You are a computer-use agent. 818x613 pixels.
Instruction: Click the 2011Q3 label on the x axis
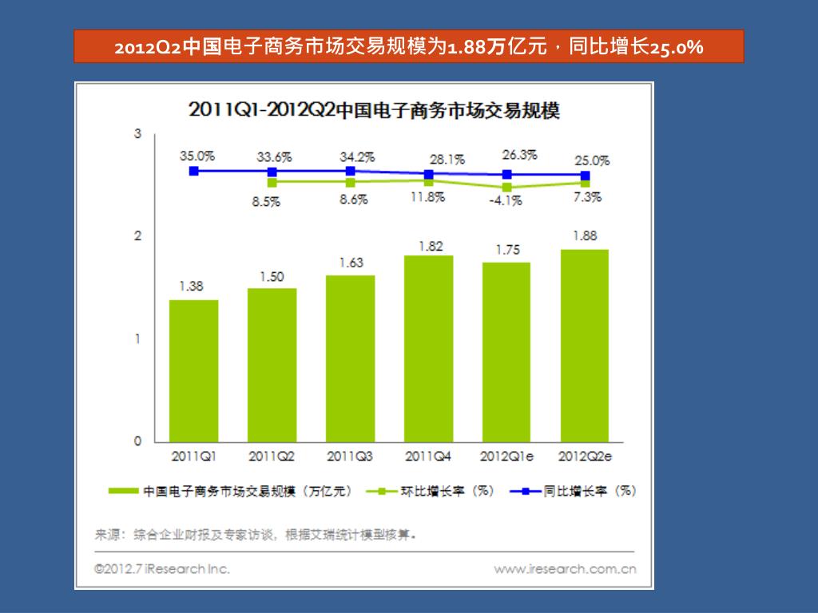pos(350,457)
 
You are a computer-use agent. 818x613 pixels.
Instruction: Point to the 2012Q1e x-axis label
pos(506,457)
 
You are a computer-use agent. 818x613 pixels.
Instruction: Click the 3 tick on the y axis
pos(137,133)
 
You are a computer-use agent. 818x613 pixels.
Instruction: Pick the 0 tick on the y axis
pos(137,441)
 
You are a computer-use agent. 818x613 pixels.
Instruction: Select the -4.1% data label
pos(506,201)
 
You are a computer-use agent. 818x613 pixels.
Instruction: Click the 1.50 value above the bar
pos(272,277)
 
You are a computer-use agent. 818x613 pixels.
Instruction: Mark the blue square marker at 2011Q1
pos(193,171)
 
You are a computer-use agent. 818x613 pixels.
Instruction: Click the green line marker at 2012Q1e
pos(507,188)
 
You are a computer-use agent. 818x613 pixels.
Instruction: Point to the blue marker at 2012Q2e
pos(585,176)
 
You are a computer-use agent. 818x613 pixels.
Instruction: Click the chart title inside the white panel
pos(374,109)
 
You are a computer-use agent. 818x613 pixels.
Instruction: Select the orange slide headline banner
pos(408,47)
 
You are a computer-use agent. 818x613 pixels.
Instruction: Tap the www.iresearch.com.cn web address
pos(565,569)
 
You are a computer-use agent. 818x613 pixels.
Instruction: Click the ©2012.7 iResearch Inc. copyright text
pos(161,569)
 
